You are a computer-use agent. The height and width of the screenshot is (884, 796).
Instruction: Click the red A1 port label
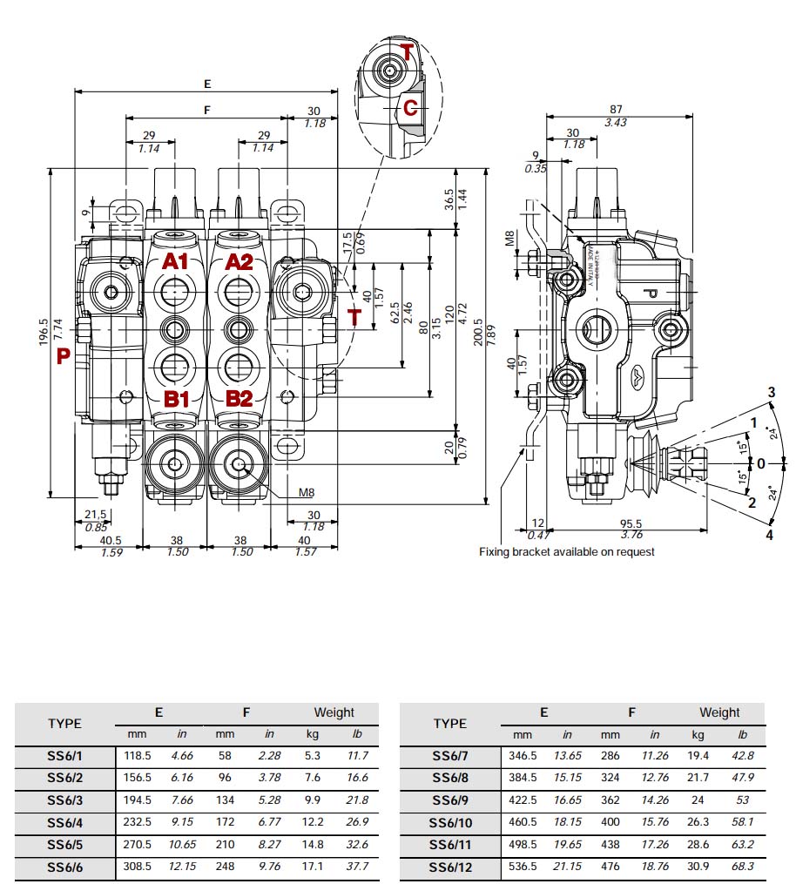(x=175, y=262)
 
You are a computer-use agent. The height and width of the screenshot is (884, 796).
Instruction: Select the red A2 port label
(x=239, y=262)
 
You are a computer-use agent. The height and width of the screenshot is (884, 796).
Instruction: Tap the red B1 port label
(x=178, y=399)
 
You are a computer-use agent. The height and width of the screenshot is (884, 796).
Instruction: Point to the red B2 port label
(x=239, y=399)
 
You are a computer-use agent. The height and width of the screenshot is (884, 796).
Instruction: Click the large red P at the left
(x=63, y=355)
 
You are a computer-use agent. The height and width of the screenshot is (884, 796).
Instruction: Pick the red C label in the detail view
(x=410, y=108)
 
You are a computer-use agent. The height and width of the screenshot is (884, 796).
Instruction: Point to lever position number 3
(x=770, y=391)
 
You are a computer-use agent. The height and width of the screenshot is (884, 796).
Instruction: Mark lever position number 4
(x=769, y=535)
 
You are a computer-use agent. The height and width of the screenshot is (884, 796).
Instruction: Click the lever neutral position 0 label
(x=760, y=463)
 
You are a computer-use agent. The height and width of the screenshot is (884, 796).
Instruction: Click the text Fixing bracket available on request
(x=566, y=551)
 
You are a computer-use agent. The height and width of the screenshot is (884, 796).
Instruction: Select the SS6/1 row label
(x=64, y=755)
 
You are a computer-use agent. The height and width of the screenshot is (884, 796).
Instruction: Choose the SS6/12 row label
(x=450, y=867)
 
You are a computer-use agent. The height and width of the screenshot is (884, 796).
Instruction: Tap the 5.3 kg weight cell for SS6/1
(x=314, y=755)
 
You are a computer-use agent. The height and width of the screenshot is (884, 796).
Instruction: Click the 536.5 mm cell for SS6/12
(x=523, y=867)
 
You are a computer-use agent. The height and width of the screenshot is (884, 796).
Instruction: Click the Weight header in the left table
(x=334, y=712)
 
